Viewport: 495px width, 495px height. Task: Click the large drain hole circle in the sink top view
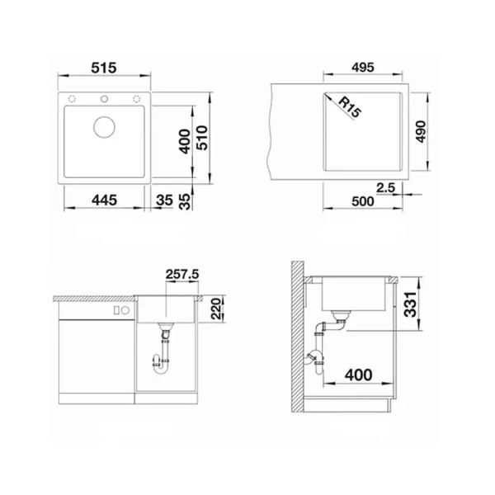coord(105,127)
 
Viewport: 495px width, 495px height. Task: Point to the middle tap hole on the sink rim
coord(105,100)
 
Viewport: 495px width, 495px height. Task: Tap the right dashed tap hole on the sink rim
coord(137,100)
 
